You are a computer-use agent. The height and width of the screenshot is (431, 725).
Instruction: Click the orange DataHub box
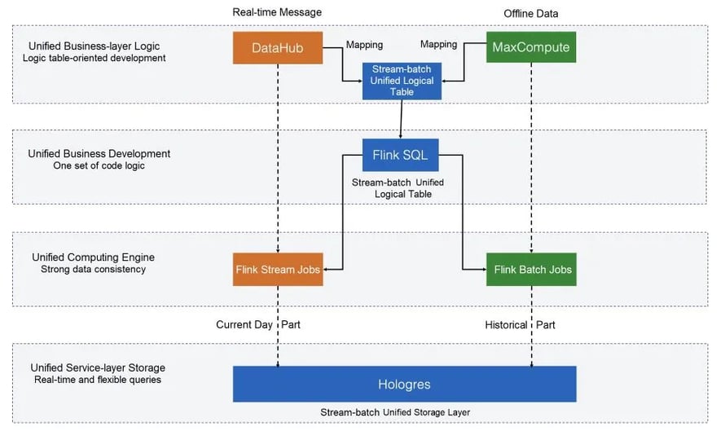[278, 48]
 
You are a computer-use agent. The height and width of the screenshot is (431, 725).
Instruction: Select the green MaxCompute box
[531, 48]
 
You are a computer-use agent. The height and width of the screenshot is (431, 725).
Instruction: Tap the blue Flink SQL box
[401, 155]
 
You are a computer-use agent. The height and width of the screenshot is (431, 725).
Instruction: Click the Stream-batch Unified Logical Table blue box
[402, 81]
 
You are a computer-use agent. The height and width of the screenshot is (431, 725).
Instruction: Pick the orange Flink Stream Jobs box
[278, 269]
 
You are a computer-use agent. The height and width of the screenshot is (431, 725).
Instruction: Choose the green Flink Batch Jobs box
[531, 269]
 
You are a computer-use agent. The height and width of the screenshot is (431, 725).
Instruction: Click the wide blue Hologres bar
[404, 384]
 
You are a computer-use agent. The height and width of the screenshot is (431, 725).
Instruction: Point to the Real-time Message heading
[277, 11]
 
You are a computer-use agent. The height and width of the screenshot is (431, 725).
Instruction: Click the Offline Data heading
[531, 11]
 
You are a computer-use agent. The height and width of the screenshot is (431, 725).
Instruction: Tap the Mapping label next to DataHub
[364, 45]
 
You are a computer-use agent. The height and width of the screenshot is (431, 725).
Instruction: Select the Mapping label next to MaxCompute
[438, 45]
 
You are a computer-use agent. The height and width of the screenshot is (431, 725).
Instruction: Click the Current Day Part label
[257, 324]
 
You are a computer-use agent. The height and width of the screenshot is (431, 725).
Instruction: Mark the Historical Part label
[519, 324]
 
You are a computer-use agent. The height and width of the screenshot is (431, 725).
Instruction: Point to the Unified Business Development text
[99, 153]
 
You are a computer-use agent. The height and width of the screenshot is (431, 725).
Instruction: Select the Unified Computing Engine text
[91, 257]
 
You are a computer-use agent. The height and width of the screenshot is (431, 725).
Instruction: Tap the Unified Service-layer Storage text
[98, 368]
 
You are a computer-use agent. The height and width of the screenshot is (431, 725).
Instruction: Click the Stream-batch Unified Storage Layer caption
[405, 412]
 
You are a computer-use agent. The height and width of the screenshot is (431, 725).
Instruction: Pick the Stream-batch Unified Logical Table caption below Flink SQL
[398, 188]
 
